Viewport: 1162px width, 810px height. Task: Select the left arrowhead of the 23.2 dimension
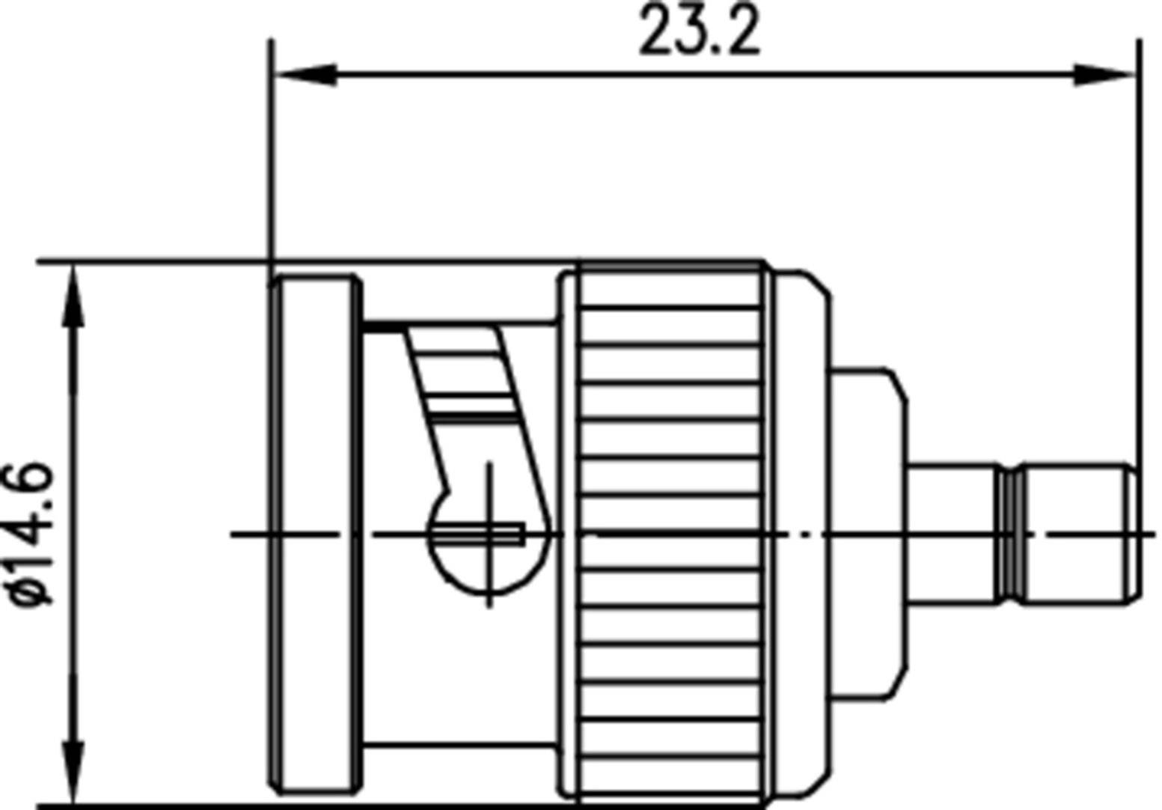point(307,74)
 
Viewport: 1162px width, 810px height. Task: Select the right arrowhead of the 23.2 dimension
point(1104,74)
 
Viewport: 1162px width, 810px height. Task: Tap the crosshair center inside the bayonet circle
point(489,534)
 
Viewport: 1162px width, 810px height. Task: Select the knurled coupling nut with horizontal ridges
point(670,533)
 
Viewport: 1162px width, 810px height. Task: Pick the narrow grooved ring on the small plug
point(1011,533)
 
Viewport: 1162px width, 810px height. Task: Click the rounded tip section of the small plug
point(1079,533)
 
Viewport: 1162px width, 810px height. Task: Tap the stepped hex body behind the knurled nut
point(868,533)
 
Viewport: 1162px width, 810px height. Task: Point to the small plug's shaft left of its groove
point(952,533)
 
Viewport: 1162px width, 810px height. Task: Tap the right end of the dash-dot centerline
point(1151,534)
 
